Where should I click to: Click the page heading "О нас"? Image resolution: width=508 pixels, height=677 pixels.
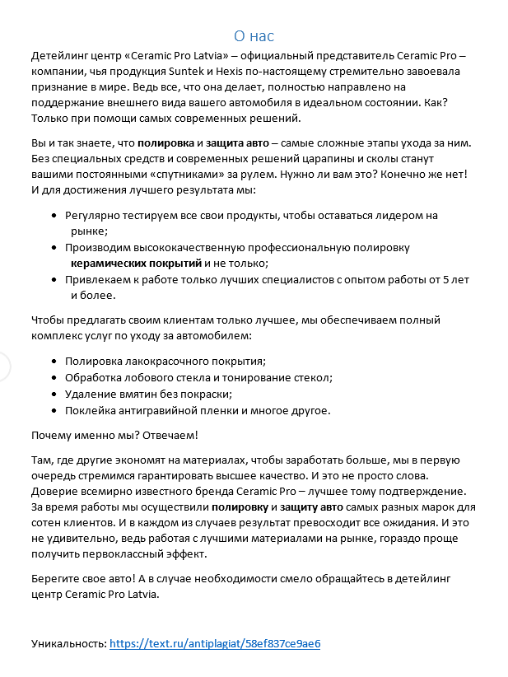click(x=254, y=35)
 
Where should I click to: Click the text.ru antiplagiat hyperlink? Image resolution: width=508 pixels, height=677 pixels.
click(x=214, y=643)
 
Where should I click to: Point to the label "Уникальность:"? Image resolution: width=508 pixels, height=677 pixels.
click(x=68, y=643)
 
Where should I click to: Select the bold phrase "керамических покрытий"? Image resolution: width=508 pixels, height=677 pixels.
click(x=136, y=263)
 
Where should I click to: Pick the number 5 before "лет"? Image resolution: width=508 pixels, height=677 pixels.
click(x=446, y=279)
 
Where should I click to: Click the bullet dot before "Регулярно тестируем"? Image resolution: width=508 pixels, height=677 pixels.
click(x=54, y=216)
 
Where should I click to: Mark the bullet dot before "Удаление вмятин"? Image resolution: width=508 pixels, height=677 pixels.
click(x=54, y=394)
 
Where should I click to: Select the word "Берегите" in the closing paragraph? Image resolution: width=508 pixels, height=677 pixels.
click(x=56, y=579)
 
